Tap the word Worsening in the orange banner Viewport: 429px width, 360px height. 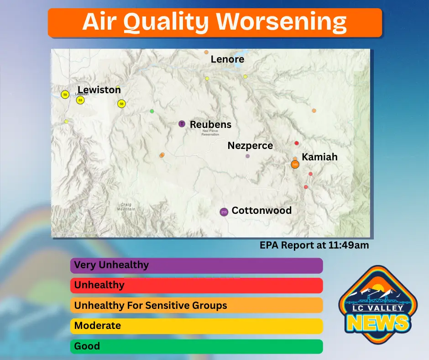click(281, 22)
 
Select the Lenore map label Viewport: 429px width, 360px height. click(227, 59)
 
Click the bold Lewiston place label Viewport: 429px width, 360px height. click(99, 90)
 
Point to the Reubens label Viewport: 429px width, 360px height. click(210, 125)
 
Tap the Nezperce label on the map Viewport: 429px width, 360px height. click(250, 146)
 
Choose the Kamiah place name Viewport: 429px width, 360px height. click(319, 157)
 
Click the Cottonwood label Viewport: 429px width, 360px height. click(262, 211)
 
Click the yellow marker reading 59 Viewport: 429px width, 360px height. click(65, 95)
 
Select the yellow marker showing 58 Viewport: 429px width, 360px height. click(121, 104)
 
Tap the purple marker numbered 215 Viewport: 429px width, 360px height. click(224, 212)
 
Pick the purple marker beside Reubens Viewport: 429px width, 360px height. click(182, 124)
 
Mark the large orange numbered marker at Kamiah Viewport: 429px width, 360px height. click(295, 164)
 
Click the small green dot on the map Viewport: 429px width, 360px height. click(152, 111)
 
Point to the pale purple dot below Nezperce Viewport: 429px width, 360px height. click(248, 156)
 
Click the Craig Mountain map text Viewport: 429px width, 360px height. click(126, 207)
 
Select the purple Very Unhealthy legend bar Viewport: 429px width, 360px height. click(196, 265)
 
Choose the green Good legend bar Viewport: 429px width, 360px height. click(196, 346)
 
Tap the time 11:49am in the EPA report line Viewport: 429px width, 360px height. click(348, 245)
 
